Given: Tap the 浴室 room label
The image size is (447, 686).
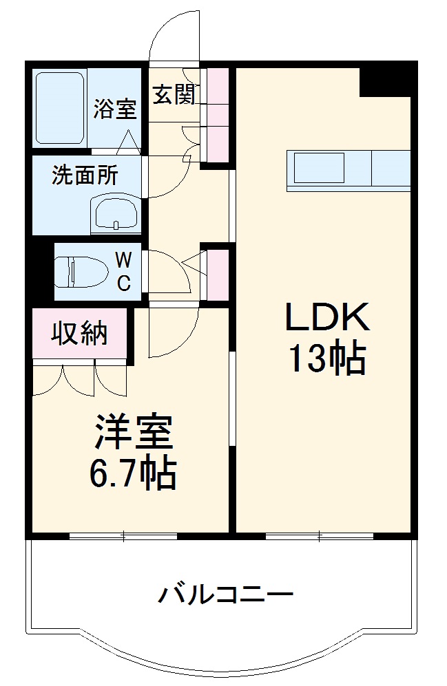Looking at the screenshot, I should (x=115, y=109).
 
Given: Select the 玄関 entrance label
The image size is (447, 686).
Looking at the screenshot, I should (x=173, y=94).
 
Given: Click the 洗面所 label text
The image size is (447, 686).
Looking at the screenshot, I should (x=85, y=176).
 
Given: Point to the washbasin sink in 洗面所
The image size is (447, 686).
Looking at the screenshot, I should (x=116, y=214).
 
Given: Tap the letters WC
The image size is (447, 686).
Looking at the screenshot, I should (x=123, y=271).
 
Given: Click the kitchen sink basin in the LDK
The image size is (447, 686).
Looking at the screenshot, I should (x=319, y=168).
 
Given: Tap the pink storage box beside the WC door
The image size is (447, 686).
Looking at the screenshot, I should (x=218, y=274).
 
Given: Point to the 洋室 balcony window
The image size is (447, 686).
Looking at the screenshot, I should (x=124, y=535).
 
